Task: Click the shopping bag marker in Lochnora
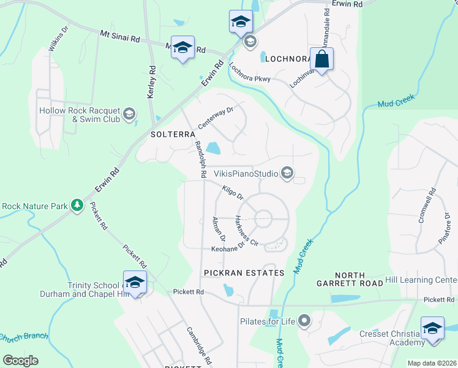321,60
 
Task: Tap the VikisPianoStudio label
246,174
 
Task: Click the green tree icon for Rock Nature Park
77,205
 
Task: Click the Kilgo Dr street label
233,193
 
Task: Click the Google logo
20,361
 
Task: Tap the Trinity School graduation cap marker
135,282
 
